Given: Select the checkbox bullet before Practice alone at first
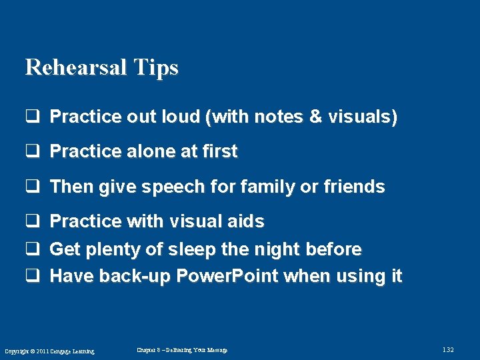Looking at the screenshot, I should click(x=31, y=152).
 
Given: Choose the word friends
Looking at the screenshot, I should click(x=353, y=187).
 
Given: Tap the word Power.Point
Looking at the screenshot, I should click(x=226, y=277).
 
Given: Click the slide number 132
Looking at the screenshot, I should click(x=447, y=350).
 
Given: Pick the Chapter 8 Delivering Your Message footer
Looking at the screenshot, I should click(x=181, y=350).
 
